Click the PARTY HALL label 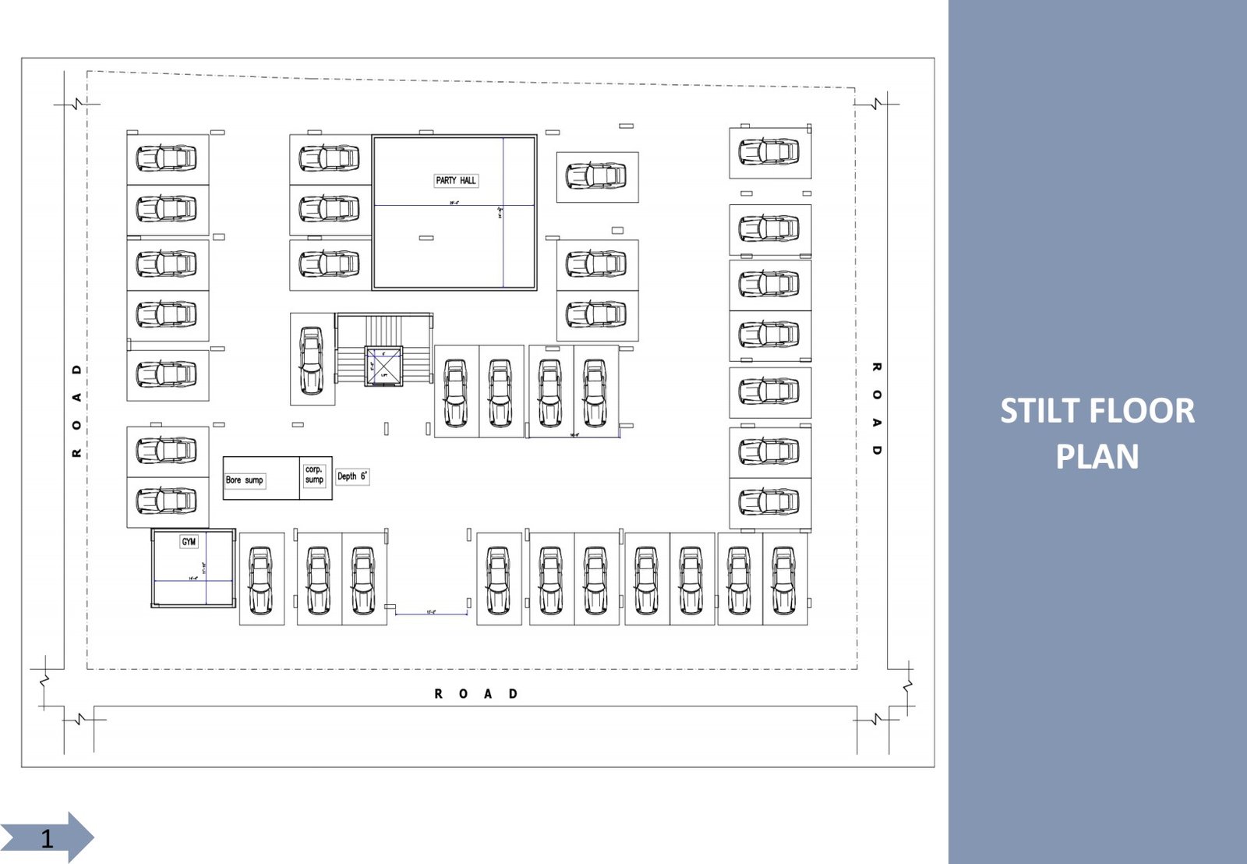click(456, 180)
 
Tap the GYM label click(189, 541)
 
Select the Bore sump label click(244, 480)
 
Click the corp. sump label click(314, 474)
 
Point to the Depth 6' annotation click(352, 476)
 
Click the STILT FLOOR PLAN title click(1097, 433)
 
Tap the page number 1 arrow click(48, 837)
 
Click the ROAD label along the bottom click(475, 693)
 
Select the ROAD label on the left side click(76, 411)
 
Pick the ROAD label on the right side click(877, 409)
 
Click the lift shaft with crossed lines click(383, 366)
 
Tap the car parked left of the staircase click(312, 359)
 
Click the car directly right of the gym click(260, 580)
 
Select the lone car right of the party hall click(596, 176)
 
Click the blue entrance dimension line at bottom click(431, 614)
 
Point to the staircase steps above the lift click(383, 329)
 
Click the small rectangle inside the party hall click(426, 238)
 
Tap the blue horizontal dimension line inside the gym click(193, 581)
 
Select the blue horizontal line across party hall click(454, 205)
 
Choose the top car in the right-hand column click(769, 151)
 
